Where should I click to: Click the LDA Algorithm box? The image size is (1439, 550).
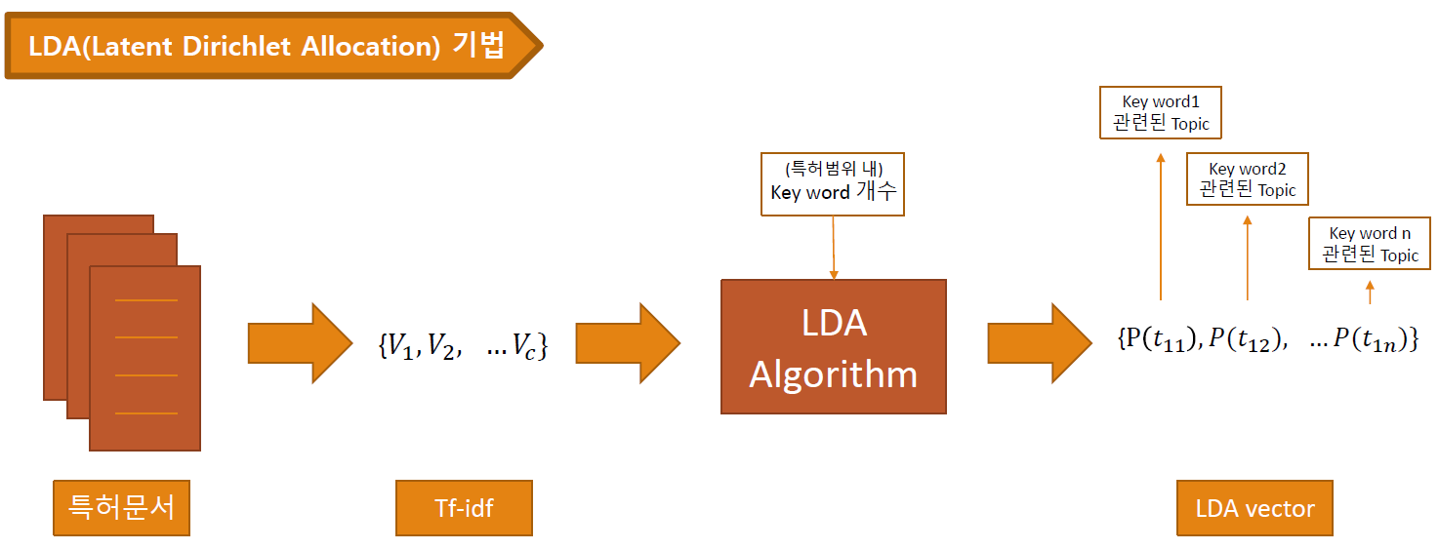pos(833,346)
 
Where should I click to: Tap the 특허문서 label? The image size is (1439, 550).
pos(121,508)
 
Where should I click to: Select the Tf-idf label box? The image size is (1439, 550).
pos(464,508)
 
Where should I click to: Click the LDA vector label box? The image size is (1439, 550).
pos(1254,508)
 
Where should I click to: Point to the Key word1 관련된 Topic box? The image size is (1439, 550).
pos(1160,112)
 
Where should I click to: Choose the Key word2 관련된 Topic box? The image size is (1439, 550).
pos(1247,179)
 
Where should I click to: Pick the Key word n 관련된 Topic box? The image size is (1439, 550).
pos(1369,244)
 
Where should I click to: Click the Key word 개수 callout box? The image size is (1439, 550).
pos(833,183)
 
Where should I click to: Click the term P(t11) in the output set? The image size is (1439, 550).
pos(1166,340)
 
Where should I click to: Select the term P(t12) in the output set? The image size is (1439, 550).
pos(1247,340)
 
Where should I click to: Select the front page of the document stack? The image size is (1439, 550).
pos(145,358)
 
